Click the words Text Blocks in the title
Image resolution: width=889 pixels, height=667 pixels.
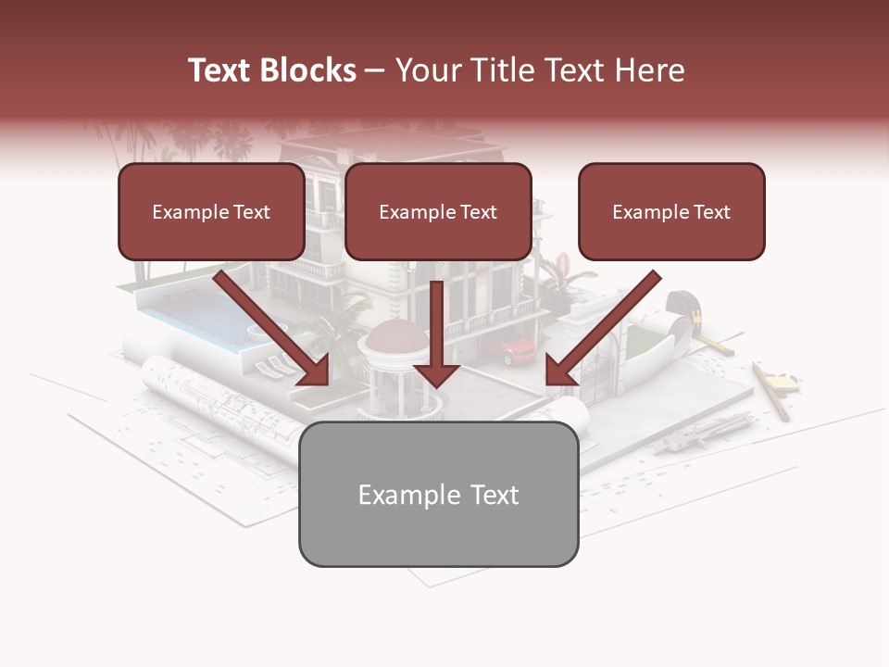click(271, 70)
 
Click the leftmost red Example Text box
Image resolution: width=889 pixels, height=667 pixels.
click(211, 211)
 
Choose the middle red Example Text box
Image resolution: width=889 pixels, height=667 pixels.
click(438, 211)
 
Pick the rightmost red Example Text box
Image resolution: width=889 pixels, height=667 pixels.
click(671, 211)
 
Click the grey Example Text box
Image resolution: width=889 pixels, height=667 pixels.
click(438, 494)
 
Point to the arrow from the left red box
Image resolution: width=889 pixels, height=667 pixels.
click(272, 329)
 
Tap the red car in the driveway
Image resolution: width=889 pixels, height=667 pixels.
click(518, 351)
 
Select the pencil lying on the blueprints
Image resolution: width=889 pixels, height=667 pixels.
click(770, 392)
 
